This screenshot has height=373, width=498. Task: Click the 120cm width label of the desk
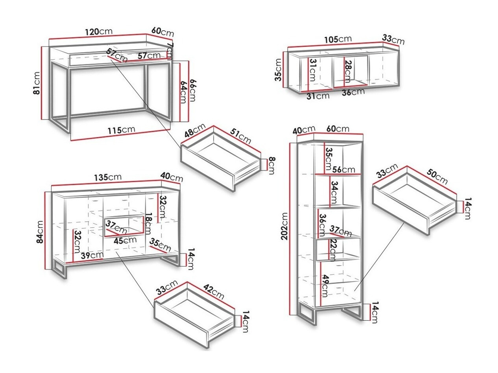pyautogui.click(x=99, y=31)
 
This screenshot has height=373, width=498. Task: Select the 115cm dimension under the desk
pyautogui.click(x=122, y=130)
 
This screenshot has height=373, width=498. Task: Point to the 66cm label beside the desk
pyautogui.click(x=193, y=90)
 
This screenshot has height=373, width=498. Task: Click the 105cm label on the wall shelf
pyautogui.click(x=337, y=39)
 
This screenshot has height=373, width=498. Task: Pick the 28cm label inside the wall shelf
pyautogui.click(x=347, y=71)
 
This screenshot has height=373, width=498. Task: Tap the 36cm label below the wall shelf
pyautogui.click(x=353, y=92)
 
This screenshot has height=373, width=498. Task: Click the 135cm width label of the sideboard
pyautogui.click(x=108, y=177)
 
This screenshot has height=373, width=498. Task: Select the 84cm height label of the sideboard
pyautogui.click(x=40, y=232)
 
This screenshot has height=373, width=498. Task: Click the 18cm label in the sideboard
pyautogui.click(x=149, y=223)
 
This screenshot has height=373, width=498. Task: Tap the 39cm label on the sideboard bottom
pyautogui.click(x=92, y=255)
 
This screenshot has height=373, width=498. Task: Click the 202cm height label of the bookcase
pyautogui.click(x=284, y=226)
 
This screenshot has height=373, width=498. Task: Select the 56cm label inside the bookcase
pyautogui.click(x=344, y=169)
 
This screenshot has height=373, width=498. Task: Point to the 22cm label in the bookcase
pyautogui.click(x=332, y=250)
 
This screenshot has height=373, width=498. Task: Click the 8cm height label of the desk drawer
pyautogui.click(x=271, y=165)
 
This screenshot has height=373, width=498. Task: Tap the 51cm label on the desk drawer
pyautogui.click(x=241, y=136)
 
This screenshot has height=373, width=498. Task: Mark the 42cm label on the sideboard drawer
pyautogui.click(x=214, y=292)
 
